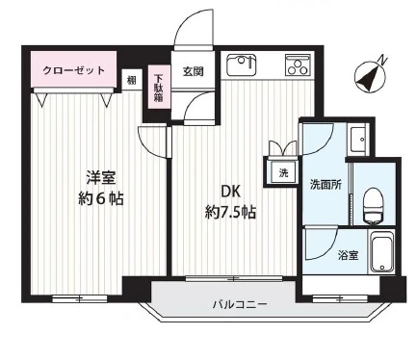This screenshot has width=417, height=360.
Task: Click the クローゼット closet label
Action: (73, 70)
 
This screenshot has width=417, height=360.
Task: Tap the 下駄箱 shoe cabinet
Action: (158, 88)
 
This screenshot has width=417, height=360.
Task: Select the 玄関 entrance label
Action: (194, 71)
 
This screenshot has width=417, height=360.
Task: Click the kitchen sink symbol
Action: (242, 65)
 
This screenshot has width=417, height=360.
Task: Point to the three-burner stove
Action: (299, 65)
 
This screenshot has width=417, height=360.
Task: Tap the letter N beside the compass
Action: (382, 60)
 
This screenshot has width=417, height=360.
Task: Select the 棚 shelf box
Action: (132, 80)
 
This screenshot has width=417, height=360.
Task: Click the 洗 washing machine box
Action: (283, 173)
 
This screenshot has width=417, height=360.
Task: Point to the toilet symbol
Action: (374, 205)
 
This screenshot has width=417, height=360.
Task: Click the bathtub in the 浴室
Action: (381, 251)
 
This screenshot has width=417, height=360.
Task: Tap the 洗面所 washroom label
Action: (326, 185)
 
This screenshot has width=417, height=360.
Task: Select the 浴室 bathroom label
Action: (349, 256)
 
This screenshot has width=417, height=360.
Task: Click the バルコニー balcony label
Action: (240, 304)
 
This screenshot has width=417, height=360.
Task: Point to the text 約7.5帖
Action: (230, 212)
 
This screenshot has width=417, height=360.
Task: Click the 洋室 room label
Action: (101, 178)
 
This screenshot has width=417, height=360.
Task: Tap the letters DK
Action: (230, 192)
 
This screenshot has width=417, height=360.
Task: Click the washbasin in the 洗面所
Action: (358, 140)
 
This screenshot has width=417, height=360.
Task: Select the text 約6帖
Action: (101, 199)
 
